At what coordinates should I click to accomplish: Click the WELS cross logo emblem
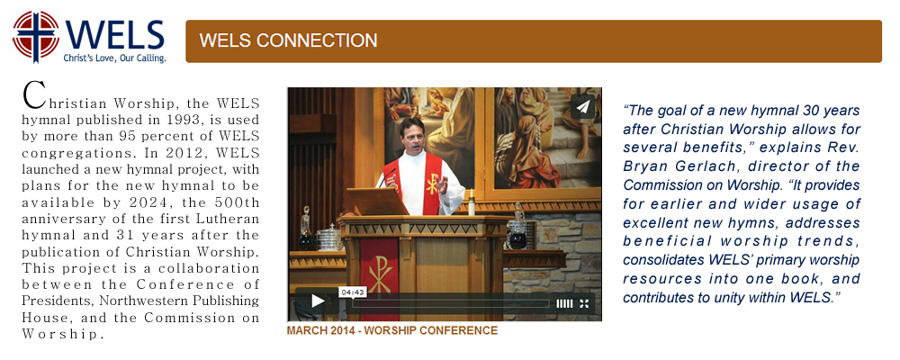coord(36,36)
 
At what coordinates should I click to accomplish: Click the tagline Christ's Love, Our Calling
coord(115,58)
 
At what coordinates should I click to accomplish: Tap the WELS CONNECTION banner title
coord(288,40)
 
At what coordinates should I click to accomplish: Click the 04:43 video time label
coord(353,292)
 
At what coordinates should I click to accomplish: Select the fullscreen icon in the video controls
coord(584,303)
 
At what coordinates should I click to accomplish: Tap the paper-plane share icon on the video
coord(582,107)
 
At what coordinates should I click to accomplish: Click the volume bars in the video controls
coord(564,303)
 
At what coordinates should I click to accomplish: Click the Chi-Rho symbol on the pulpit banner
coord(380,274)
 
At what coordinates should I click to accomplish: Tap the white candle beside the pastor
coord(472,202)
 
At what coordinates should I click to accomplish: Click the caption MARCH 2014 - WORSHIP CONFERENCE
coord(392,330)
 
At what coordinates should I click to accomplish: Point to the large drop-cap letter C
coord(34,94)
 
